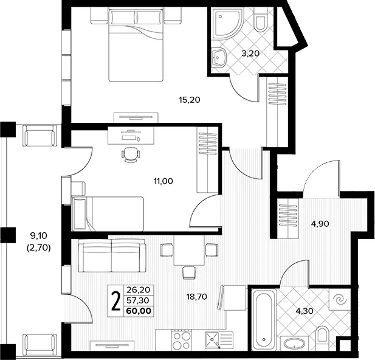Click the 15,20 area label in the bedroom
(190, 100)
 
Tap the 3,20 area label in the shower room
(250, 54)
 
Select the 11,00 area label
(163, 181)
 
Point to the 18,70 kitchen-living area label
(196, 297)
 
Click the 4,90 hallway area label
(320, 224)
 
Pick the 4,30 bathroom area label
(304, 311)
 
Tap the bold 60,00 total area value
(139, 311)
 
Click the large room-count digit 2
(116, 301)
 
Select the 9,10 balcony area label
(38, 236)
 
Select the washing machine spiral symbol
(340, 300)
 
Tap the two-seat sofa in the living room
(112, 255)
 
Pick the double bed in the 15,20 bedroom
(136, 45)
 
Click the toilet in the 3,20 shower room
(260, 22)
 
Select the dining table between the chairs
(189, 251)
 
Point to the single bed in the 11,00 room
(108, 214)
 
